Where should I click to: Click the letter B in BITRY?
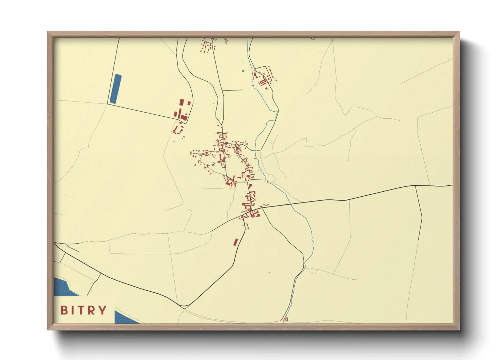coord(64,310)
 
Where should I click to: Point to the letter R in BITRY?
coord(92,310)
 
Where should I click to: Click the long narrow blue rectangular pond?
coord(116,89)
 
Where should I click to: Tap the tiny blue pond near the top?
coord(243,71)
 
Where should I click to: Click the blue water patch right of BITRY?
coord(125,318)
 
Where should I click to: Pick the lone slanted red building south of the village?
coord(235,242)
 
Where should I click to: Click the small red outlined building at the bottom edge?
coord(286,319)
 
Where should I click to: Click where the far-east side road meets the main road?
coord(415,186)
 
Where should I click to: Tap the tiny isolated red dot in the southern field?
coord(270,272)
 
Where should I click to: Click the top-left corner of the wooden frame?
coord(48,32)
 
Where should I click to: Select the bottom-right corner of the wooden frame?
coord(459,329)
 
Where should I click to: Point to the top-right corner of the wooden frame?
coord(459,32)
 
